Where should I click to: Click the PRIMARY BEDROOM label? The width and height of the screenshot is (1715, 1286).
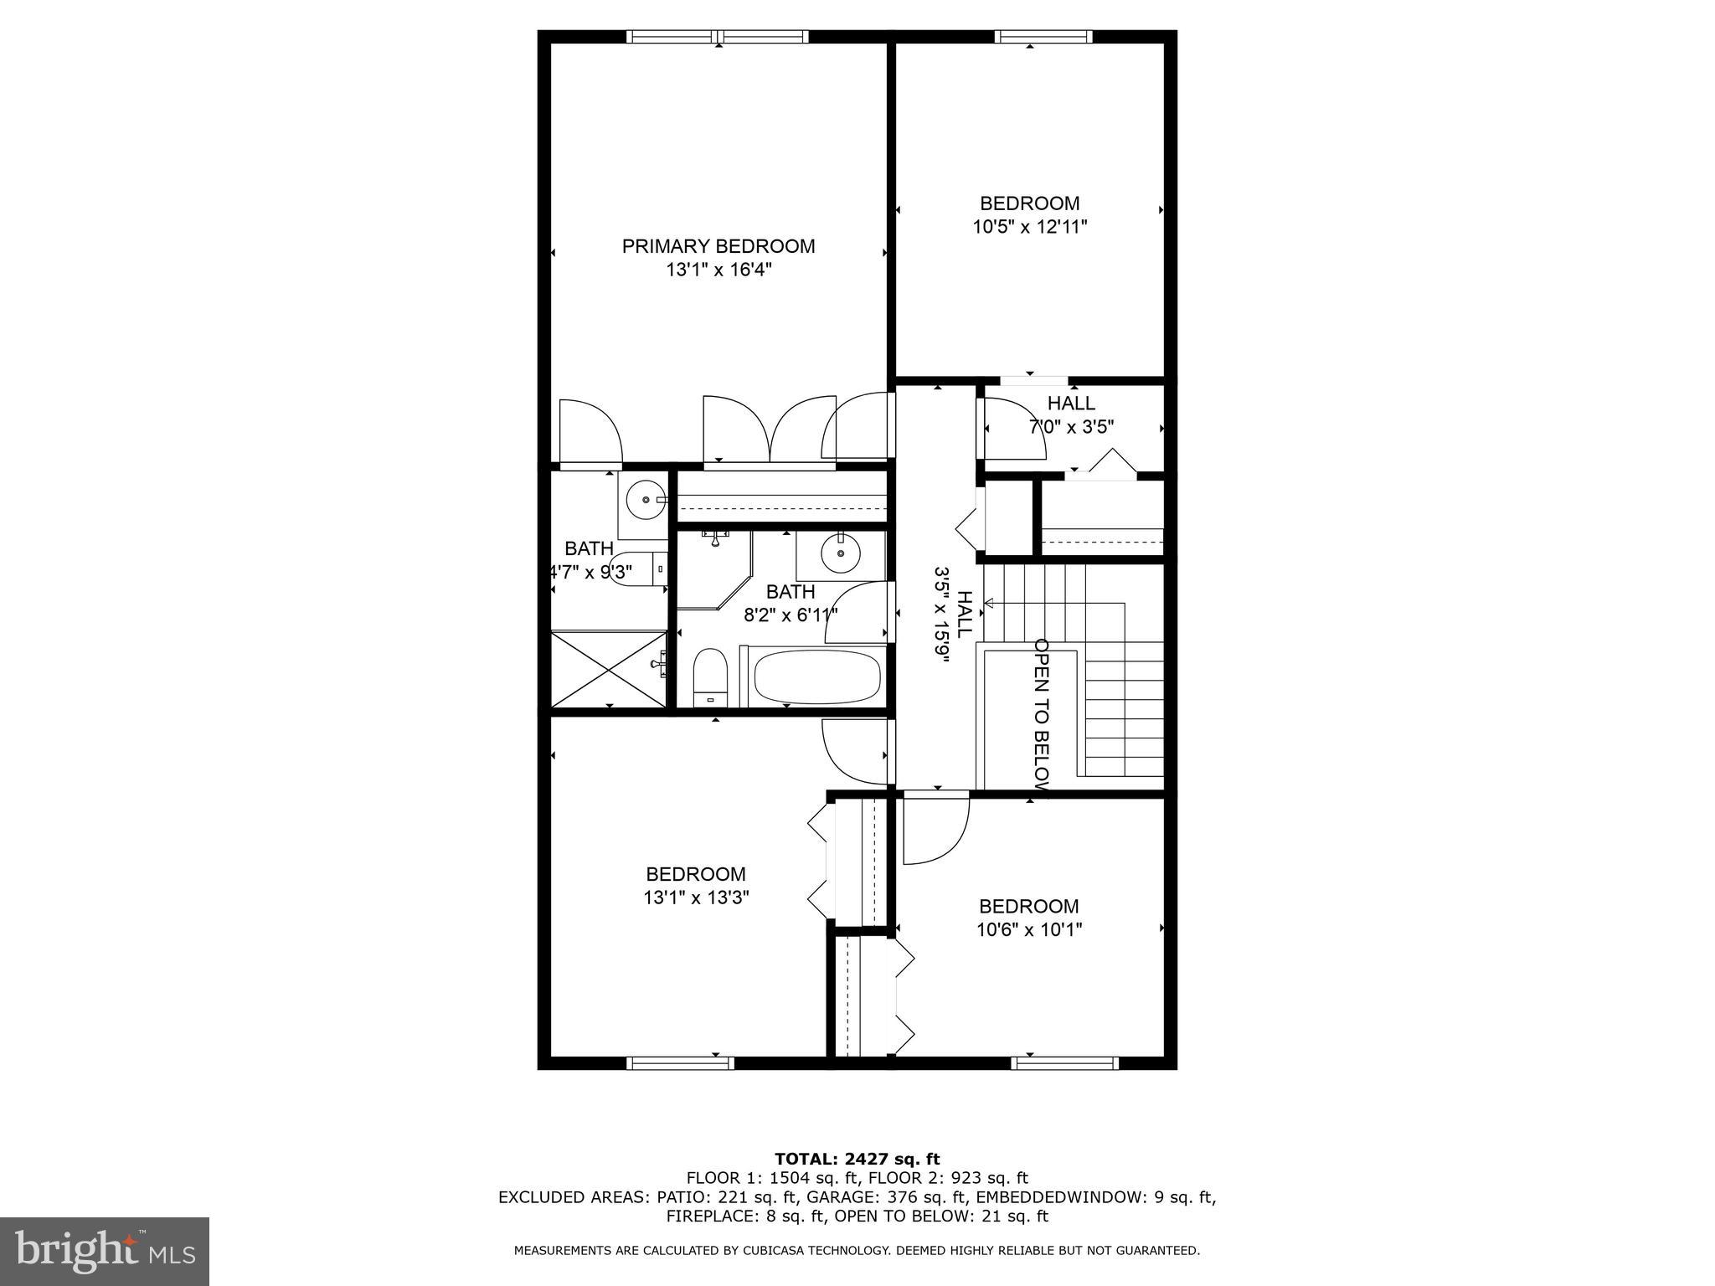(x=718, y=246)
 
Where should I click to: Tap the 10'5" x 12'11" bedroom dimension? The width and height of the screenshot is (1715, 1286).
(x=1030, y=227)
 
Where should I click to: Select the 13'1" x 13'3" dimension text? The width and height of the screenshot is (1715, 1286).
(x=696, y=898)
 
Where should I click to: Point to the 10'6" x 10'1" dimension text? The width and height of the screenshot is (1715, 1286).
(x=1029, y=929)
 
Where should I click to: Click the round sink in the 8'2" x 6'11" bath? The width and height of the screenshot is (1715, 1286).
(x=837, y=552)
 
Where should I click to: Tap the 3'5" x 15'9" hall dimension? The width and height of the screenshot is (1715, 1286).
(x=943, y=615)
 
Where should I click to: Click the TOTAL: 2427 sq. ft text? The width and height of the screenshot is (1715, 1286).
(x=857, y=1159)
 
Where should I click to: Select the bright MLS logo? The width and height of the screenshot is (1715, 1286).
(x=105, y=1252)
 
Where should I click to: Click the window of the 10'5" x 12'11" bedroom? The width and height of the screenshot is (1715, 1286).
(x=1043, y=36)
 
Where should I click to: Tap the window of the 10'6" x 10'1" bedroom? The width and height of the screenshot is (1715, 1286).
(x=1064, y=1063)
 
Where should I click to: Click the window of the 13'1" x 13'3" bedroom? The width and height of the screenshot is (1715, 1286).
(x=680, y=1063)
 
